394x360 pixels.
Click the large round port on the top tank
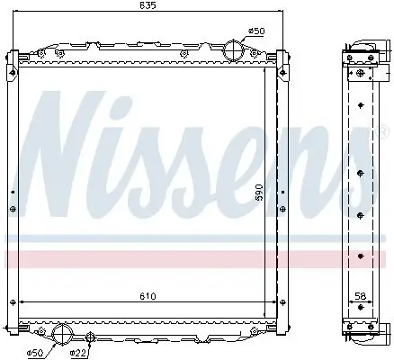click(234, 50)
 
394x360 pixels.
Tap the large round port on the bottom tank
click(62, 335)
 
